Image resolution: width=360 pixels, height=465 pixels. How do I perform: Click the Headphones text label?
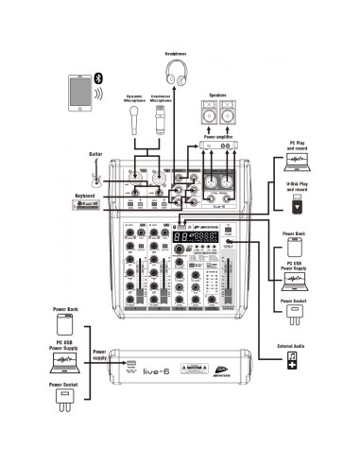(x=176, y=54)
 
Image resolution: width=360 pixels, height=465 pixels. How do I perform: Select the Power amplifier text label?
(x=217, y=134)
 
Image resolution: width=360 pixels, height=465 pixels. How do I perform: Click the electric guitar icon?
(x=95, y=173)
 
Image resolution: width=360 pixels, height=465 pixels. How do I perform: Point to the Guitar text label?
(x=95, y=153)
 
